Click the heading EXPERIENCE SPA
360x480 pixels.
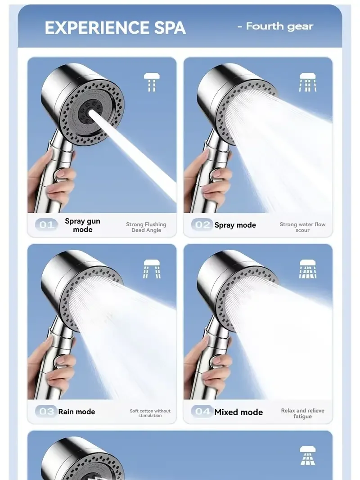[115, 28]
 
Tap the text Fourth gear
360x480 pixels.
[275, 27]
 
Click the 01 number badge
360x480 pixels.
[46, 225]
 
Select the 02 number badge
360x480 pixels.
[202, 225]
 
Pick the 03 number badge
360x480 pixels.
[46, 412]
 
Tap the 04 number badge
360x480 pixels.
[202, 412]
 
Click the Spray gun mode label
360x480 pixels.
[82, 225]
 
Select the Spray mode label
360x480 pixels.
[235, 225]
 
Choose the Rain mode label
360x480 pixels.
[76, 412]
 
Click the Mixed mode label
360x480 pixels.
[238, 412]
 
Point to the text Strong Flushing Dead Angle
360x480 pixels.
[146, 227]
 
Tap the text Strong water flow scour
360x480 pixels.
[302, 227]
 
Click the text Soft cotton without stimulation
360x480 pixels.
[150, 413]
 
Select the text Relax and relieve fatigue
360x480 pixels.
[302, 413]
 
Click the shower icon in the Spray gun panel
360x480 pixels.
[152, 83]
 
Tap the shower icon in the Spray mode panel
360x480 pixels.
[308, 83]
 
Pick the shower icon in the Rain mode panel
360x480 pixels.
[152, 269]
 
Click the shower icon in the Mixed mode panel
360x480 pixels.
[308, 269]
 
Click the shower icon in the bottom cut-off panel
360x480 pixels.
[308, 455]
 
